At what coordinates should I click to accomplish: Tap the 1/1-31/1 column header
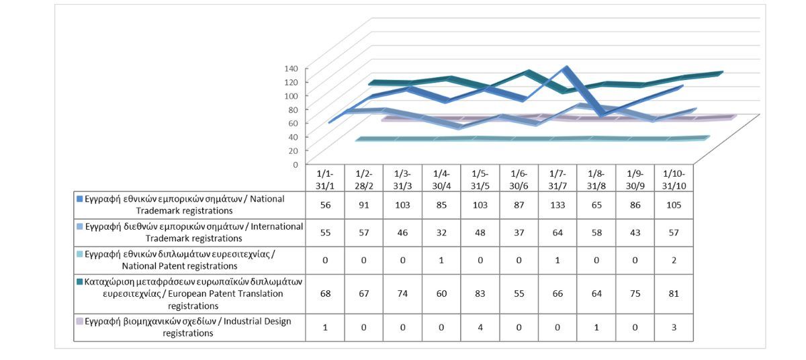(x=325, y=178)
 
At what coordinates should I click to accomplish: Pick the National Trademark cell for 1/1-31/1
(x=325, y=205)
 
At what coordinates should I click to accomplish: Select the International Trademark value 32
(x=441, y=232)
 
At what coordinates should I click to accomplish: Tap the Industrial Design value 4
(x=480, y=327)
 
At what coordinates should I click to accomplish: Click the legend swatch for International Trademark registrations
(x=80, y=227)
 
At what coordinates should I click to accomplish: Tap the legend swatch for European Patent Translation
(x=80, y=282)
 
